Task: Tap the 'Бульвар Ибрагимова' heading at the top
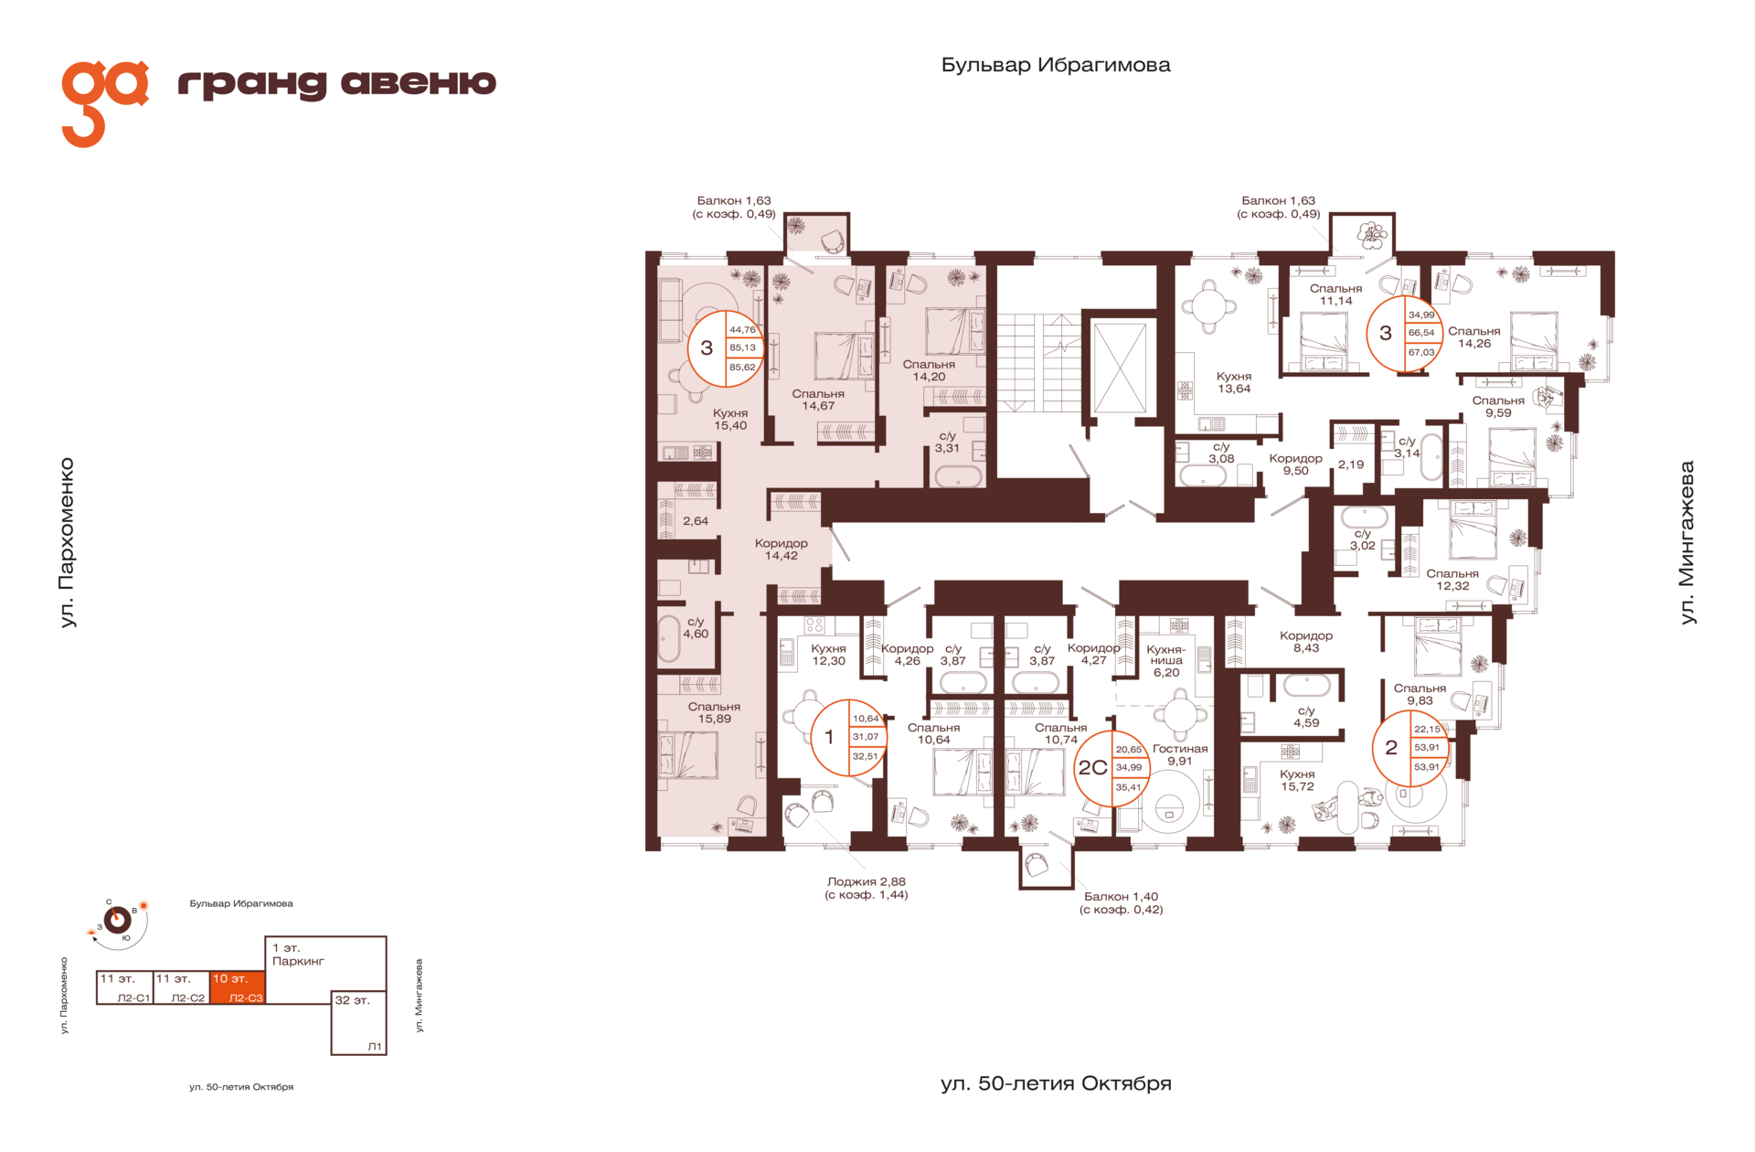coord(1056,65)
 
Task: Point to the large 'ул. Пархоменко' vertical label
coord(68,542)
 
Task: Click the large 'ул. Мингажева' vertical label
coord(1686,542)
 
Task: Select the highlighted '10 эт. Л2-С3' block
coord(237,987)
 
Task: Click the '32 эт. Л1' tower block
coord(358,1022)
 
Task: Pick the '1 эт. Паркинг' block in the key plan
coord(325,963)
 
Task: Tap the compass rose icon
coord(118,920)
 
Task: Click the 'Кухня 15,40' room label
coord(730,419)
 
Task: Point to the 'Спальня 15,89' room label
coord(714,712)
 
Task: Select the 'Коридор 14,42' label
coord(781,549)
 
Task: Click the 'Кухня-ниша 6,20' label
coord(1166,660)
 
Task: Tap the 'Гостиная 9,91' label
coord(1180,754)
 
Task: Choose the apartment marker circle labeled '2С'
coord(1111,768)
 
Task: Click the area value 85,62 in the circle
coord(742,367)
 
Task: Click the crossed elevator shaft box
coord(1119,368)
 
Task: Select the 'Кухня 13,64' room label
coord(1234,382)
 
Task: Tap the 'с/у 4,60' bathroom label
coord(696,627)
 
